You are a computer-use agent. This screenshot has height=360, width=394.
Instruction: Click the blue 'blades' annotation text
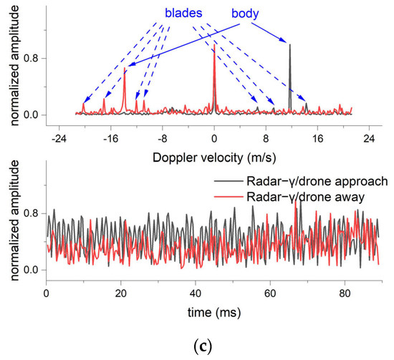[183, 13]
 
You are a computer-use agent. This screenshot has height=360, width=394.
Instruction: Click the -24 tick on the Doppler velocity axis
[60, 137]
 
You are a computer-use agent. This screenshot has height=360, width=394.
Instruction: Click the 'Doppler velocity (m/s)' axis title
[215, 155]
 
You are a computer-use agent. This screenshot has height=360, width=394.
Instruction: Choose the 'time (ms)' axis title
[215, 313]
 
